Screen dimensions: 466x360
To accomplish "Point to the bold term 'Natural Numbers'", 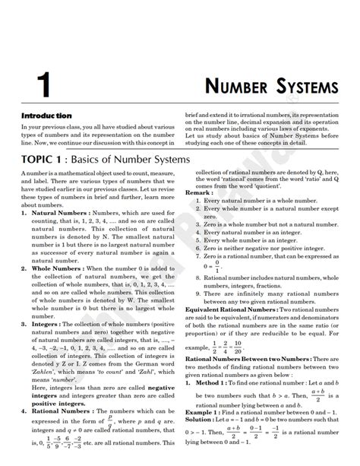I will click(58, 214).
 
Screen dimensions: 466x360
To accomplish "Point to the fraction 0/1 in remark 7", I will click(217, 268).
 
